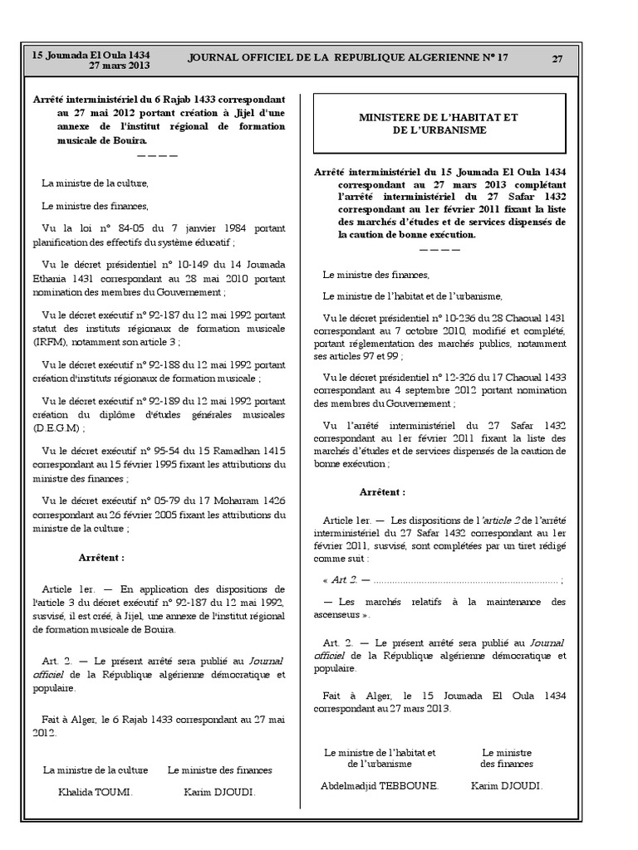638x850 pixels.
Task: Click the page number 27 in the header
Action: click(x=557, y=59)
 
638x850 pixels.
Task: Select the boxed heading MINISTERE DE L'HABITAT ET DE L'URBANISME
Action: click(x=438, y=124)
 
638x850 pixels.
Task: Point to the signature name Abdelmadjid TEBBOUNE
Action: click(x=379, y=784)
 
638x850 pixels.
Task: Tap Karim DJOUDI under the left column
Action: click(x=219, y=792)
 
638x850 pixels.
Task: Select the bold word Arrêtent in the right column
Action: click(x=382, y=491)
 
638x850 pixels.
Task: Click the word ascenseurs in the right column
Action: click(x=340, y=614)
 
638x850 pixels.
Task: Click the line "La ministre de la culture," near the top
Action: click(x=95, y=182)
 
